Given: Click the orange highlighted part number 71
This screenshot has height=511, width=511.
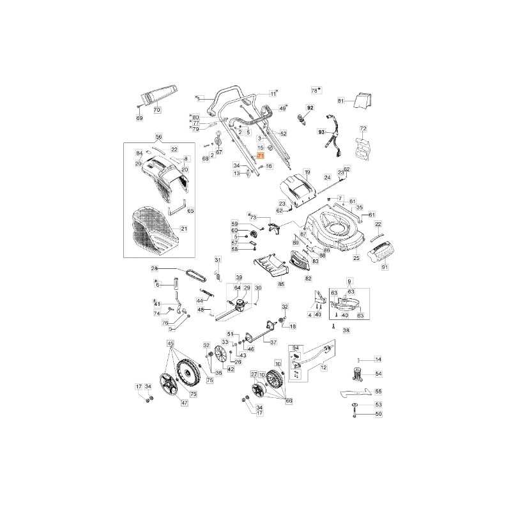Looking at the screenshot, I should click(x=260, y=156).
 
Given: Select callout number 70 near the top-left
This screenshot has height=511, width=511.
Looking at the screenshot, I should click(x=156, y=110).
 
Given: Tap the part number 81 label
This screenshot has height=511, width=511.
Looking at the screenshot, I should click(x=340, y=101).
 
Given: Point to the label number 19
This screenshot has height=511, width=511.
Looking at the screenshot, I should click(x=307, y=172).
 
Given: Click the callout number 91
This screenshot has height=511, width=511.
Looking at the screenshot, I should click(x=385, y=267).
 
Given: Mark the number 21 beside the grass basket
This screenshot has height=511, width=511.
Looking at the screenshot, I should click(x=184, y=229).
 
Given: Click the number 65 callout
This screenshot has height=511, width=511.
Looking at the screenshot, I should click(x=190, y=210).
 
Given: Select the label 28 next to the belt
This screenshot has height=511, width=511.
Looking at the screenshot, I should click(x=154, y=268).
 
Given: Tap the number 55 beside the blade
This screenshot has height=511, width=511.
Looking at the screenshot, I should click(x=378, y=391).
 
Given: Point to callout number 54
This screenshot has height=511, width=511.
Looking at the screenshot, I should click(x=378, y=374).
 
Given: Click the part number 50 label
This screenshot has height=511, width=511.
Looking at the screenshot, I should click(x=378, y=414).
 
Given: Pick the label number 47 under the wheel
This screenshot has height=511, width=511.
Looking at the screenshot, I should click(x=185, y=403).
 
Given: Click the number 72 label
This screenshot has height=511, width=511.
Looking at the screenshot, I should click(x=363, y=129).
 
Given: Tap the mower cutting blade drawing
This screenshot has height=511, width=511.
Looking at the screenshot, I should click(x=353, y=392).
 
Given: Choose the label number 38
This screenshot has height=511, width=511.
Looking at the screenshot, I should click(x=346, y=330).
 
